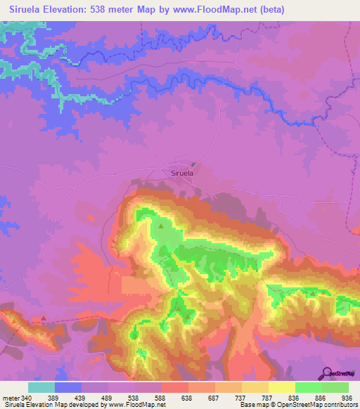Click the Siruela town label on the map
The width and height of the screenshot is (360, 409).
(x=182, y=171)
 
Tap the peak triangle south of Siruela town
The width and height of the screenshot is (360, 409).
(x=161, y=226)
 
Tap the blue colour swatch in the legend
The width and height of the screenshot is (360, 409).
(x=67, y=387)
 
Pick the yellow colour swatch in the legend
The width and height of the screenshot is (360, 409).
(x=281, y=387)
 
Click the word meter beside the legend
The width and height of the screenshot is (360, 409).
(x=9, y=398)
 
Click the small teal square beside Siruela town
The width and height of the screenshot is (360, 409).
(x=193, y=164)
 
